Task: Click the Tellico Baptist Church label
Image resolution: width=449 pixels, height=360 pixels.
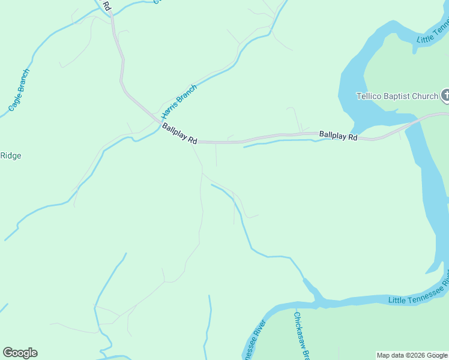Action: pos(397,96)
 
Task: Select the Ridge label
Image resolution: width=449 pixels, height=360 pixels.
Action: pos(10,156)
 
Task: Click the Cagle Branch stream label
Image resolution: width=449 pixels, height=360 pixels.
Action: pos(19,91)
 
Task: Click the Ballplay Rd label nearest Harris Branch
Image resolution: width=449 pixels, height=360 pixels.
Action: pos(179,134)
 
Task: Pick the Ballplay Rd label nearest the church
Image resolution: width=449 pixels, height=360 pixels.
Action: pos(338,136)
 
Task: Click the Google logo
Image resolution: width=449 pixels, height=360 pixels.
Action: pos(20,353)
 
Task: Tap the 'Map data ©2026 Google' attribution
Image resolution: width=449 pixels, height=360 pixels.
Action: pos(412,355)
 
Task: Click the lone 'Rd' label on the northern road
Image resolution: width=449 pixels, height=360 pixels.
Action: pos(106,5)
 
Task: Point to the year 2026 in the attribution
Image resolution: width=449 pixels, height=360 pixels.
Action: pos(415,355)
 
